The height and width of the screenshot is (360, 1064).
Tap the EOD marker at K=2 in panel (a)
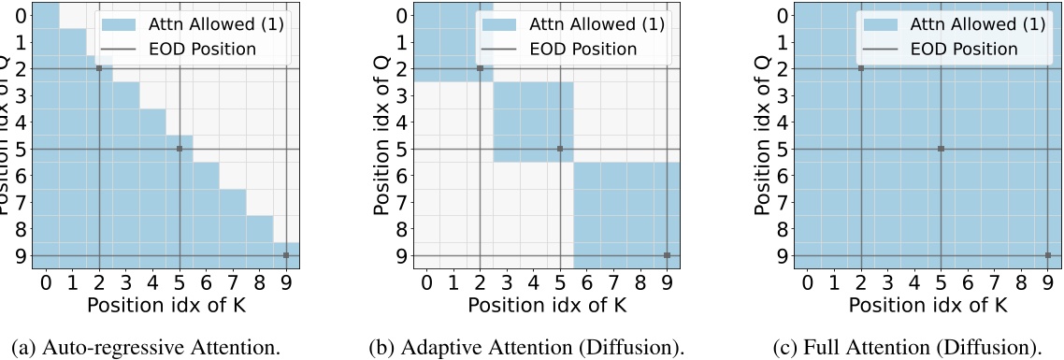99,68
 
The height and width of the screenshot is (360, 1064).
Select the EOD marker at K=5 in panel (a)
180,149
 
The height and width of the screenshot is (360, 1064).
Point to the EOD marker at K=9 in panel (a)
286,255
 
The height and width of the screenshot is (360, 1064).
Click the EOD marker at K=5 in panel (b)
560,149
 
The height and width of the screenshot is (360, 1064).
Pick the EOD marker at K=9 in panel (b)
667,255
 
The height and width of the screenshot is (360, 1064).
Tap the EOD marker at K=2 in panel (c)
860,68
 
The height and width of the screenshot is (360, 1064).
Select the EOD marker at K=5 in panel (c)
941,149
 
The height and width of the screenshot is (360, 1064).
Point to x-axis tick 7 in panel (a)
233,281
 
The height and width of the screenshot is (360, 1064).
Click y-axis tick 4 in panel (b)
403,122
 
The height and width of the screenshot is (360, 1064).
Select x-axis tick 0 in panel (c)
807,281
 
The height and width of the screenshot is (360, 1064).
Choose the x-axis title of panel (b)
547,304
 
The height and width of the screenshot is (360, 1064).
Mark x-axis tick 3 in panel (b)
507,281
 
